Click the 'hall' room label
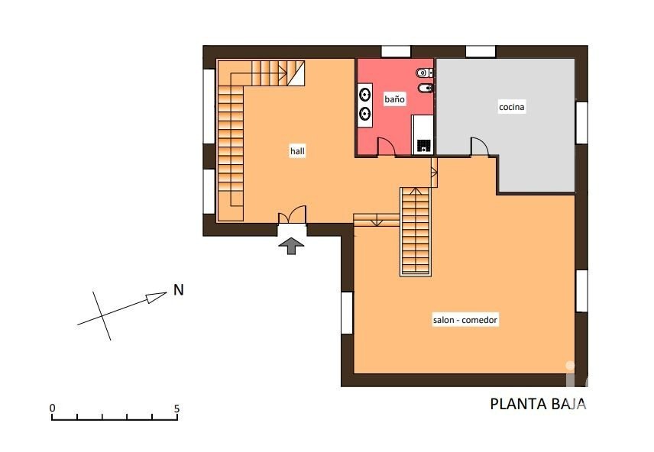tap(297, 151)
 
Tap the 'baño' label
tap(394, 99)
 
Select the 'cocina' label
tap(512, 107)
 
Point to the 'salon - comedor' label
tap(465, 320)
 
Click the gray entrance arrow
tap(291, 246)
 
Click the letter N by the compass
tap(179, 290)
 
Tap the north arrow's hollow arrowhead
tap(157, 297)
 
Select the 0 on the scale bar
tap(52, 408)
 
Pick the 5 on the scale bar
tap(176, 408)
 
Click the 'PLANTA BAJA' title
tap(538, 404)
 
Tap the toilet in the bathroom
tap(424, 73)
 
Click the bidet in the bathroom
tap(426, 88)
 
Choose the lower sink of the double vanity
tap(365, 112)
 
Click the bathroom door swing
tap(387, 147)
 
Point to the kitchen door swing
tap(480, 147)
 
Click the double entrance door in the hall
tap(292, 215)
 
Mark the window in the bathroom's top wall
tap(396, 52)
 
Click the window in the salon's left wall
tap(347, 313)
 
